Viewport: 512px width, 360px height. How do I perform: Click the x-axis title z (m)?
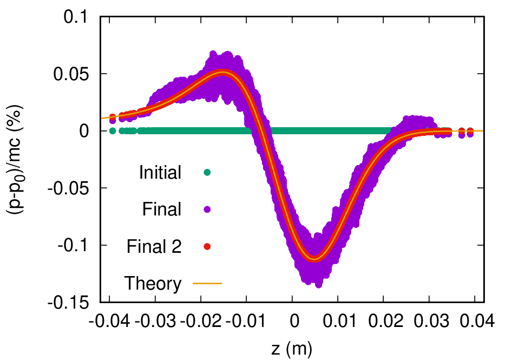click(x=292, y=347)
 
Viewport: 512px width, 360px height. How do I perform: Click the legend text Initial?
click(x=160, y=173)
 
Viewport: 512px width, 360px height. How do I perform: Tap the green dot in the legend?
click(x=207, y=173)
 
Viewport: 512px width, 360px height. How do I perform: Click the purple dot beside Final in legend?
click(x=207, y=210)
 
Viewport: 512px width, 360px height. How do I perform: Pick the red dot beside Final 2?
click(x=207, y=247)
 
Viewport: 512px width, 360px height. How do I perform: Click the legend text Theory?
click(x=153, y=283)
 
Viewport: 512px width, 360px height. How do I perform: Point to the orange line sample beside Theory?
click(x=207, y=283)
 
